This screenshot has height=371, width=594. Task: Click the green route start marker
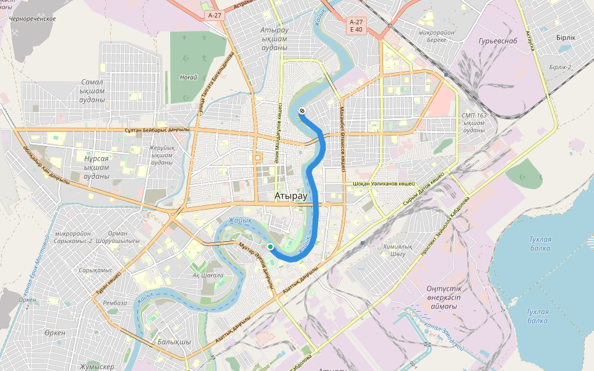(270, 247)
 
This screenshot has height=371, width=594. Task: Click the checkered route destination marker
(302, 111)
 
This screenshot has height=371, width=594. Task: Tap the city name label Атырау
(290, 196)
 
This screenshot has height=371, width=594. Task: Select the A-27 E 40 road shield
(356, 25)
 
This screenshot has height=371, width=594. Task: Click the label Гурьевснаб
(493, 41)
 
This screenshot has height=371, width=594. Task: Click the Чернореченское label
(32, 19)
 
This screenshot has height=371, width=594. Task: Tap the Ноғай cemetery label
(188, 77)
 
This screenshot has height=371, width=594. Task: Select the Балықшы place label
(174, 341)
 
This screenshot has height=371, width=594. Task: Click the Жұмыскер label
(97, 367)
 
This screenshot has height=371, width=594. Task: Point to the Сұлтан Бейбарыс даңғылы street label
(157, 130)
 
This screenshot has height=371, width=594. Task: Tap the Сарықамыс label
(96, 270)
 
